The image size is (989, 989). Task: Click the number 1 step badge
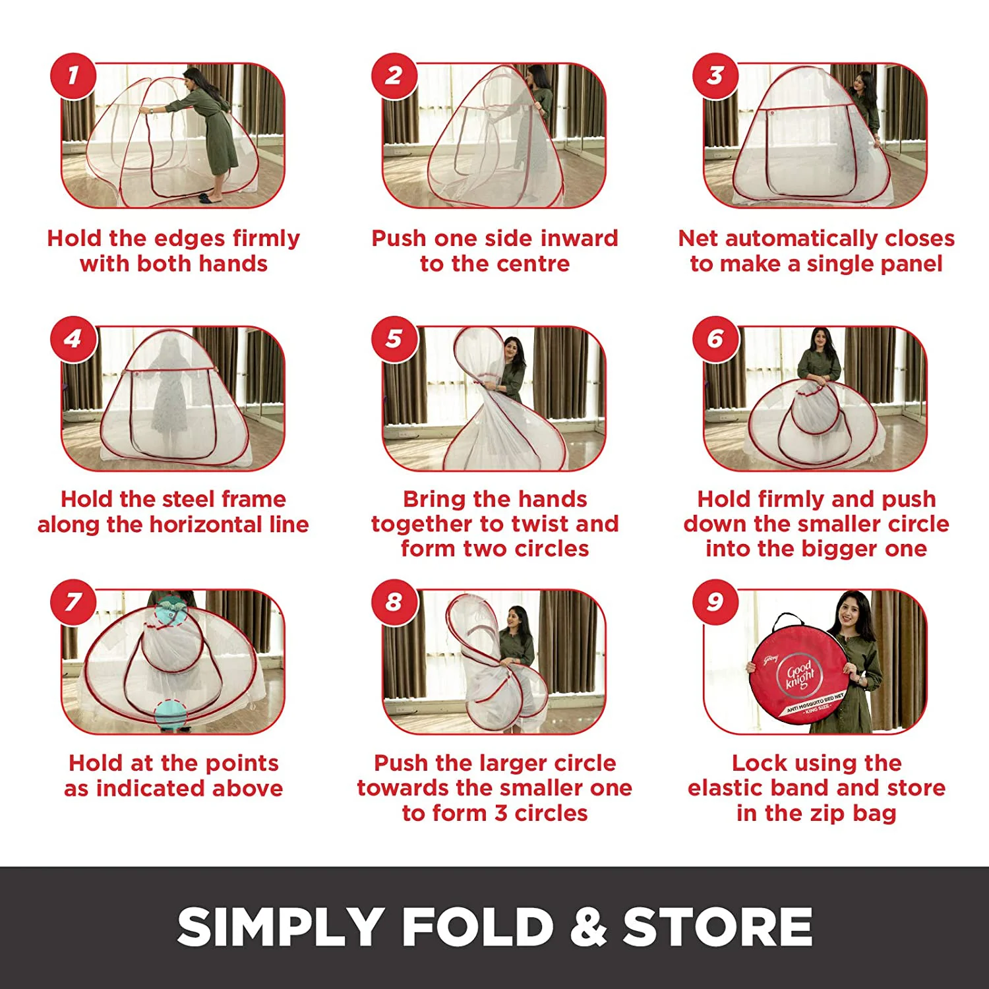[x=73, y=76]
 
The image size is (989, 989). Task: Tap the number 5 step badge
[x=394, y=339]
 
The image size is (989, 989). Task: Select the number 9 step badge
[x=715, y=602]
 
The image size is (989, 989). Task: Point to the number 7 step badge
[x=73, y=602]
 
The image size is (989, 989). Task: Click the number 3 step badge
[x=715, y=76]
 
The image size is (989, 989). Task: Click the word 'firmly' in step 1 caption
[x=263, y=238]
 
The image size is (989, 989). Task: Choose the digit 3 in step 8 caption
[x=501, y=814]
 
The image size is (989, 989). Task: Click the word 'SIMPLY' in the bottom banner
[x=280, y=926]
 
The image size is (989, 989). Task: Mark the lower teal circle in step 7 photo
[x=171, y=715]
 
